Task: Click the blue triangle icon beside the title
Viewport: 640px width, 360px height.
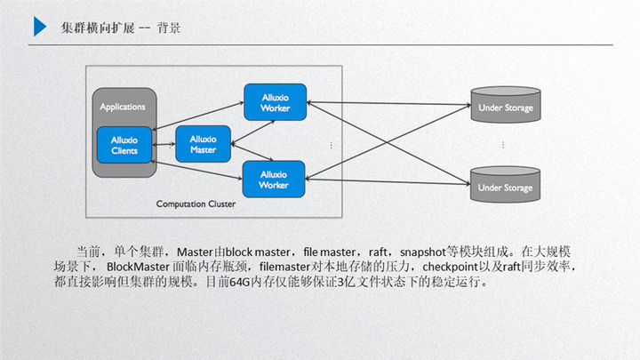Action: (x=40, y=27)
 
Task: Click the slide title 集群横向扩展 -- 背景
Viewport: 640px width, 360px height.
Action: (x=122, y=28)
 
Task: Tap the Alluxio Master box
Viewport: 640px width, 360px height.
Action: (x=203, y=144)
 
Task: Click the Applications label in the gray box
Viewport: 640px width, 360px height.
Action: (x=123, y=107)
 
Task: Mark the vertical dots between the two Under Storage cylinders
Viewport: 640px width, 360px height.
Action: (x=503, y=145)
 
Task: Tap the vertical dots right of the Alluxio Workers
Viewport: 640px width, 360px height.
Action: (x=331, y=145)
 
